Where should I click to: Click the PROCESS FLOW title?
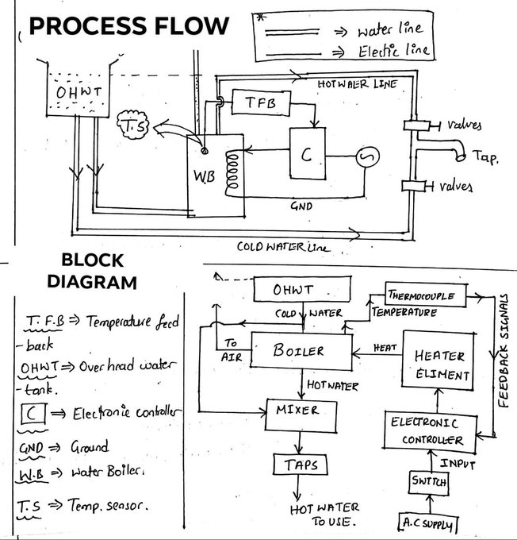tap(129, 26)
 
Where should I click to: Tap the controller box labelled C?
tap(304, 156)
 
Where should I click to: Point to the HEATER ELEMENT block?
tap(438, 365)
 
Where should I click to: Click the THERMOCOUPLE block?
tap(424, 295)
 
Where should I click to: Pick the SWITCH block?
tap(429, 482)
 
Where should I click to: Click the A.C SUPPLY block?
tap(429, 523)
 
